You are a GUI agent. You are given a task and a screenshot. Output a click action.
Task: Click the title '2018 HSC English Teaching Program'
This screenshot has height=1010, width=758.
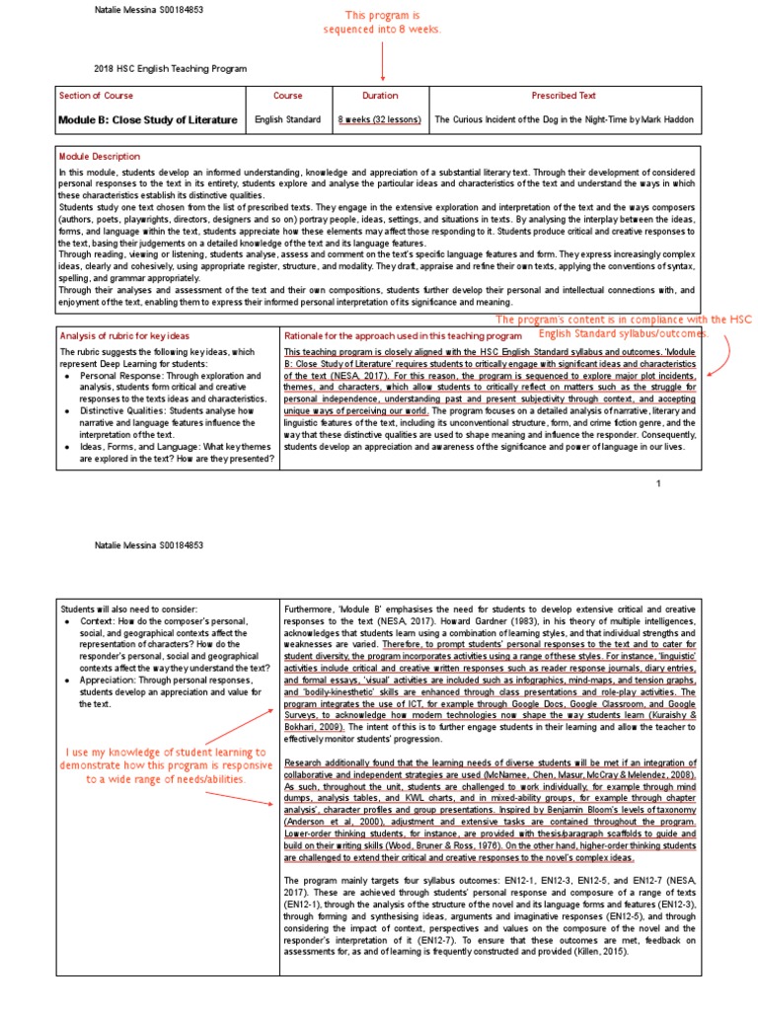[x=170, y=68]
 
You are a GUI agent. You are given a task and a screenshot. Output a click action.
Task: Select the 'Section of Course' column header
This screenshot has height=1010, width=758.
[x=96, y=96]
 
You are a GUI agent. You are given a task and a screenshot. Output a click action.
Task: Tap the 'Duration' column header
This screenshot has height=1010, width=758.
[x=381, y=96]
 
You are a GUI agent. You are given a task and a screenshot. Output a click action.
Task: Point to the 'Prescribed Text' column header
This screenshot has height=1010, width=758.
[x=564, y=96]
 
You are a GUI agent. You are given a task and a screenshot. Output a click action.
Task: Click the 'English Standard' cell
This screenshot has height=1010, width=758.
[x=287, y=119]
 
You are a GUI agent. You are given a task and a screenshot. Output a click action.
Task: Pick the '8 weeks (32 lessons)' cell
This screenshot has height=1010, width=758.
[x=380, y=119]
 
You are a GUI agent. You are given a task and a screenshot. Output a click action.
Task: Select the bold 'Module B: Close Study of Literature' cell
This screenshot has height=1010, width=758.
[x=148, y=119]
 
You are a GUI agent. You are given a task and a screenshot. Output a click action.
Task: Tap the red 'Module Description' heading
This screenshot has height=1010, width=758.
[x=99, y=156]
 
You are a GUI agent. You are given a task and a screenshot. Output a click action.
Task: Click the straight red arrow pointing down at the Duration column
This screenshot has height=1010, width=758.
[x=383, y=63]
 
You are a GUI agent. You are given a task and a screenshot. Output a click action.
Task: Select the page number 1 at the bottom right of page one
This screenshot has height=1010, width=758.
[x=658, y=483]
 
